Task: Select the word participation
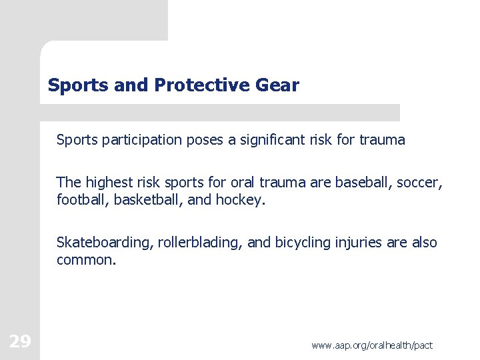point(141,140)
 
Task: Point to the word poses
point(208,140)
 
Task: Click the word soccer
point(420,182)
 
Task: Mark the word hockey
point(239,199)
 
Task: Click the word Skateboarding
point(105,243)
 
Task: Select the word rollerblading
point(200,243)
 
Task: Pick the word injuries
point(358,243)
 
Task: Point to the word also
point(424,243)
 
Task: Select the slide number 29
point(20,342)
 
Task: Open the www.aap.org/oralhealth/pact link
point(372,345)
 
